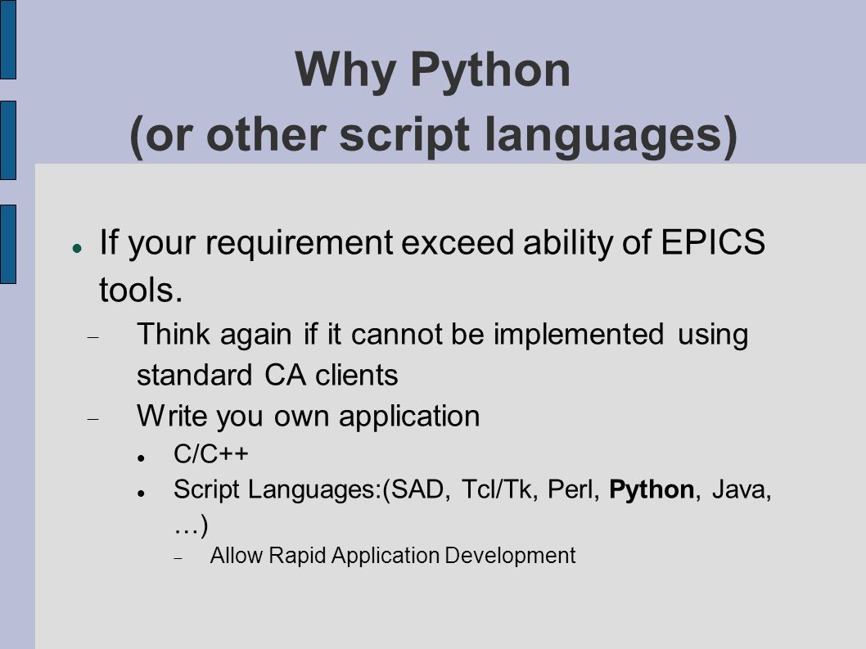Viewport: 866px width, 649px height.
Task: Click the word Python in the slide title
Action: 490,70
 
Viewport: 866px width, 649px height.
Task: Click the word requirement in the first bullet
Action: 299,243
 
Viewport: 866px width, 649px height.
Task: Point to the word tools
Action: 141,290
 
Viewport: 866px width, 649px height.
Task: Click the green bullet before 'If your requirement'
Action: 77,248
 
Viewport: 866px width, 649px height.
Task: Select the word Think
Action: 174,334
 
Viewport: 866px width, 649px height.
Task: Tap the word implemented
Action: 578,334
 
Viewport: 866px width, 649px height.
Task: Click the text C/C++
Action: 211,454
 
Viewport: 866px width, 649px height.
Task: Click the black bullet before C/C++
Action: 142,458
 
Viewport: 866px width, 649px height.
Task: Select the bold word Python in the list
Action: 652,490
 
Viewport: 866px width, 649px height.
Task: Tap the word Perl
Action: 573,490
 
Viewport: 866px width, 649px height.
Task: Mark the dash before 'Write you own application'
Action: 92,419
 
